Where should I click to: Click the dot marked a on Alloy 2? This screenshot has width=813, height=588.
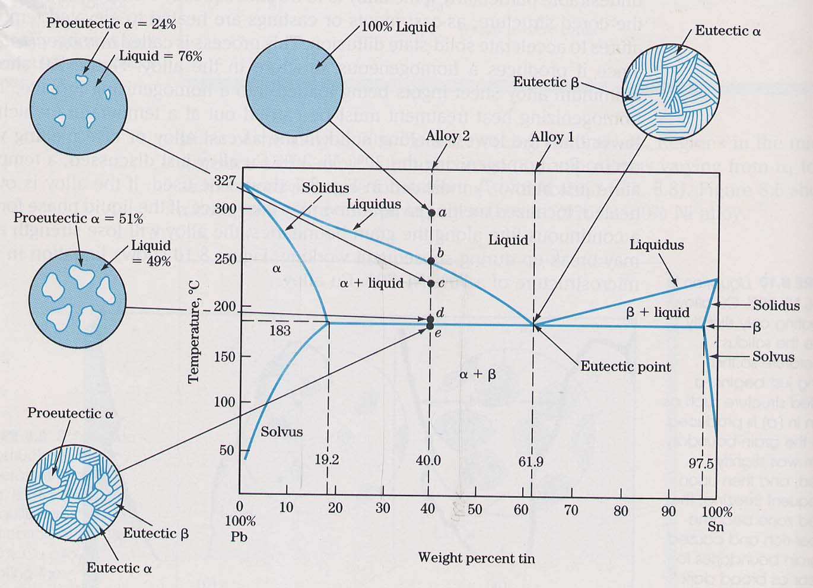431,212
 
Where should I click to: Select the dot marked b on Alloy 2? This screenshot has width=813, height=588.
431,260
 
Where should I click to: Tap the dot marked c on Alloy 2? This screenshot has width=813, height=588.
431,283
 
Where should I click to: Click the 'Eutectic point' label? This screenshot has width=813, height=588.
625,367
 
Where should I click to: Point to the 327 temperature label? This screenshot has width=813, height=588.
225,180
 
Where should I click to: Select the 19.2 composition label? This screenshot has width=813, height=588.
327,460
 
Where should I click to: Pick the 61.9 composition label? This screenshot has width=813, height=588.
531,462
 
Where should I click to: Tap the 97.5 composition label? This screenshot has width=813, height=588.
701,463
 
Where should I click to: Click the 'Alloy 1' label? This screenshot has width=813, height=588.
552,137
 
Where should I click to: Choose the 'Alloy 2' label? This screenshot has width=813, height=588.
447,136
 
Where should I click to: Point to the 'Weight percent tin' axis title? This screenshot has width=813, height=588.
477,558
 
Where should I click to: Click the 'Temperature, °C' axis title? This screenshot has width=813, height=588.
193,333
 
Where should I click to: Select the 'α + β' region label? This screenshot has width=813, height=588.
477,374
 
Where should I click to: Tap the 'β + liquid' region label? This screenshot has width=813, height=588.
658,312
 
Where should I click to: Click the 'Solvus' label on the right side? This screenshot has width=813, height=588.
773,357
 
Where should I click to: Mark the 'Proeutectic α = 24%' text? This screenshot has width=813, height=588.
111,24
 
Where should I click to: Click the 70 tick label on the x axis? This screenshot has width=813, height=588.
571,509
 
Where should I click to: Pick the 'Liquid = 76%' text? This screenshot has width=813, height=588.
161,56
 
